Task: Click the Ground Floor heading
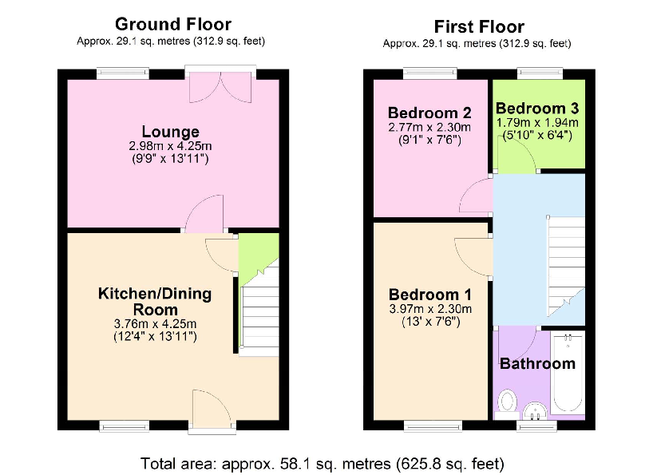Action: point(172,24)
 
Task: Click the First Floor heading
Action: point(478,26)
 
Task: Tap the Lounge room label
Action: point(170,132)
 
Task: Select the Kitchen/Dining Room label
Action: point(155,301)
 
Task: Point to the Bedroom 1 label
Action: point(429,294)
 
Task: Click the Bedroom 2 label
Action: point(429,113)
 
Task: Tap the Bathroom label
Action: point(537,364)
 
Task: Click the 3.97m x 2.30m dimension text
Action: point(429,310)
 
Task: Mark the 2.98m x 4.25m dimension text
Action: point(170,147)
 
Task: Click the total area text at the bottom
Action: point(322,462)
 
